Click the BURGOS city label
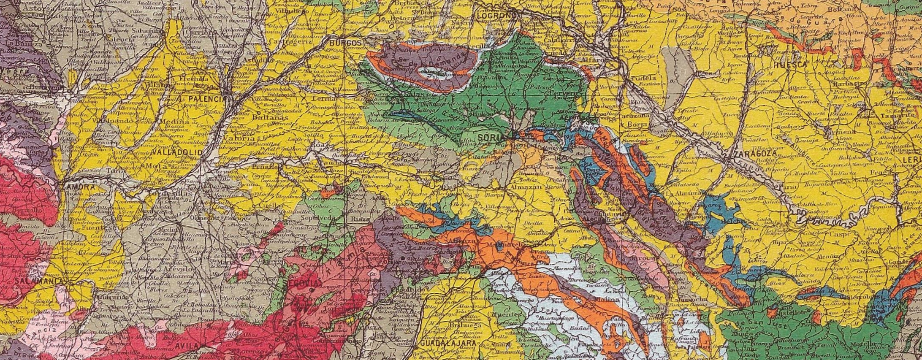pos(345,43)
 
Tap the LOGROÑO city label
pos(497,16)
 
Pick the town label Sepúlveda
pos(315,218)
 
